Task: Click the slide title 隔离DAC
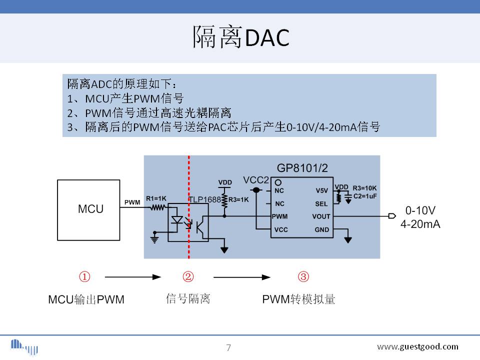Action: [x=241, y=37]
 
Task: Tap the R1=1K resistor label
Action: [x=156, y=198]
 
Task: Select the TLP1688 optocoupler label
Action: [x=204, y=199]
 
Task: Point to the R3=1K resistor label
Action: [x=238, y=199]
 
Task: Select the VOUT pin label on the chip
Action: [x=321, y=216]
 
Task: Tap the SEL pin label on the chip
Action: [x=321, y=203]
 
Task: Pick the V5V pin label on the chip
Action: [x=321, y=190]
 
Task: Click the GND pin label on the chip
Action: [x=322, y=230]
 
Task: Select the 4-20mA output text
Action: [x=420, y=224]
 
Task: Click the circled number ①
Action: [x=85, y=276]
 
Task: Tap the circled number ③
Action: [x=303, y=276]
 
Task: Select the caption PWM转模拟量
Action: [x=298, y=299]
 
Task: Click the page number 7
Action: [x=228, y=347]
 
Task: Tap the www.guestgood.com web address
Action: [x=417, y=346]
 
